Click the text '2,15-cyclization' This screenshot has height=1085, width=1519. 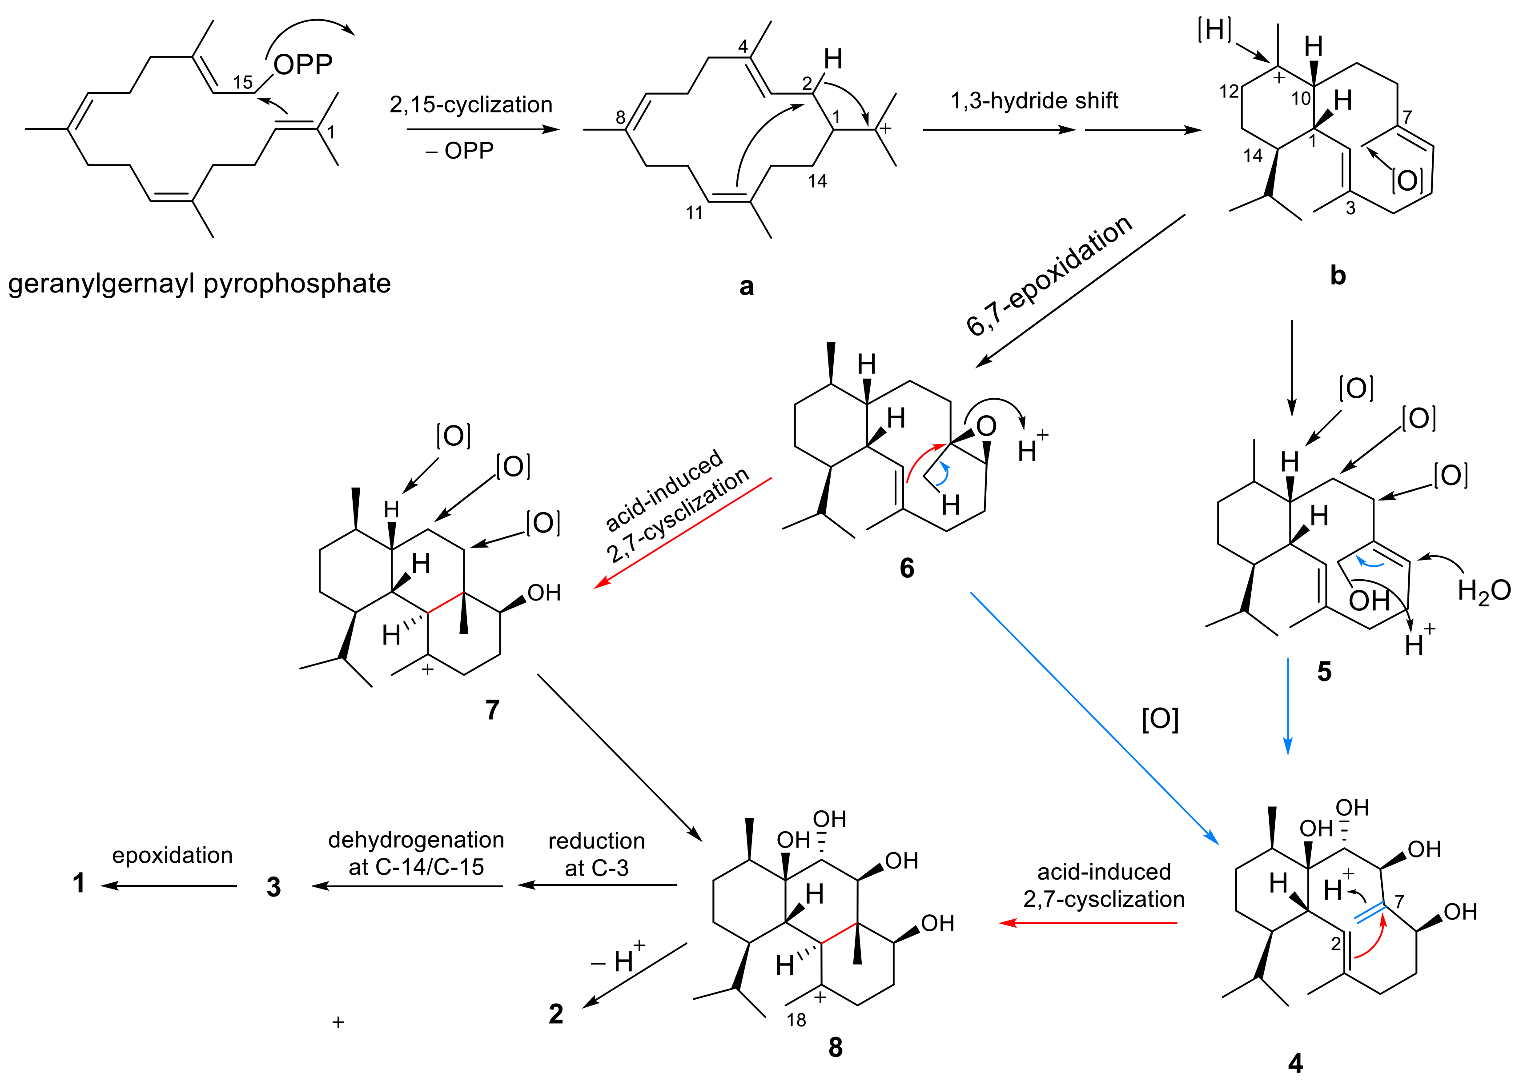pyautogui.click(x=471, y=105)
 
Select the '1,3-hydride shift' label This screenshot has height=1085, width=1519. pyautogui.click(x=1034, y=101)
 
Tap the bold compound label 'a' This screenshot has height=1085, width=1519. pyautogui.click(x=747, y=286)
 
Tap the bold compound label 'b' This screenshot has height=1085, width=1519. pyautogui.click(x=1337, y=275)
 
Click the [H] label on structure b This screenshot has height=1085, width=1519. pyautogui.click(x=1214, y=30)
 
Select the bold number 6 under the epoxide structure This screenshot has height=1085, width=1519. pyautogui.click(x=906, y=568)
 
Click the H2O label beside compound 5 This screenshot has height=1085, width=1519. pyautogui.click(x=1483, y=591)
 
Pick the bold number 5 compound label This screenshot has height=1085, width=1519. pyautogui.click(x=1324, y=672)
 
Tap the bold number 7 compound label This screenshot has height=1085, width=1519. pyautogui.click(x=492, y=709)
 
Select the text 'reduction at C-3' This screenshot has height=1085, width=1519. pyautogui.click(x=597, y=854)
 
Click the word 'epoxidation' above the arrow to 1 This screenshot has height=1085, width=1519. pyautogui.click(x=173, y=855)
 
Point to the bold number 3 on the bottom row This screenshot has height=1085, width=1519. pyautogui.click(x=273, y=887)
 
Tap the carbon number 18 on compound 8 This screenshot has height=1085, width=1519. pyautogui.click(x=796, y=1020)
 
